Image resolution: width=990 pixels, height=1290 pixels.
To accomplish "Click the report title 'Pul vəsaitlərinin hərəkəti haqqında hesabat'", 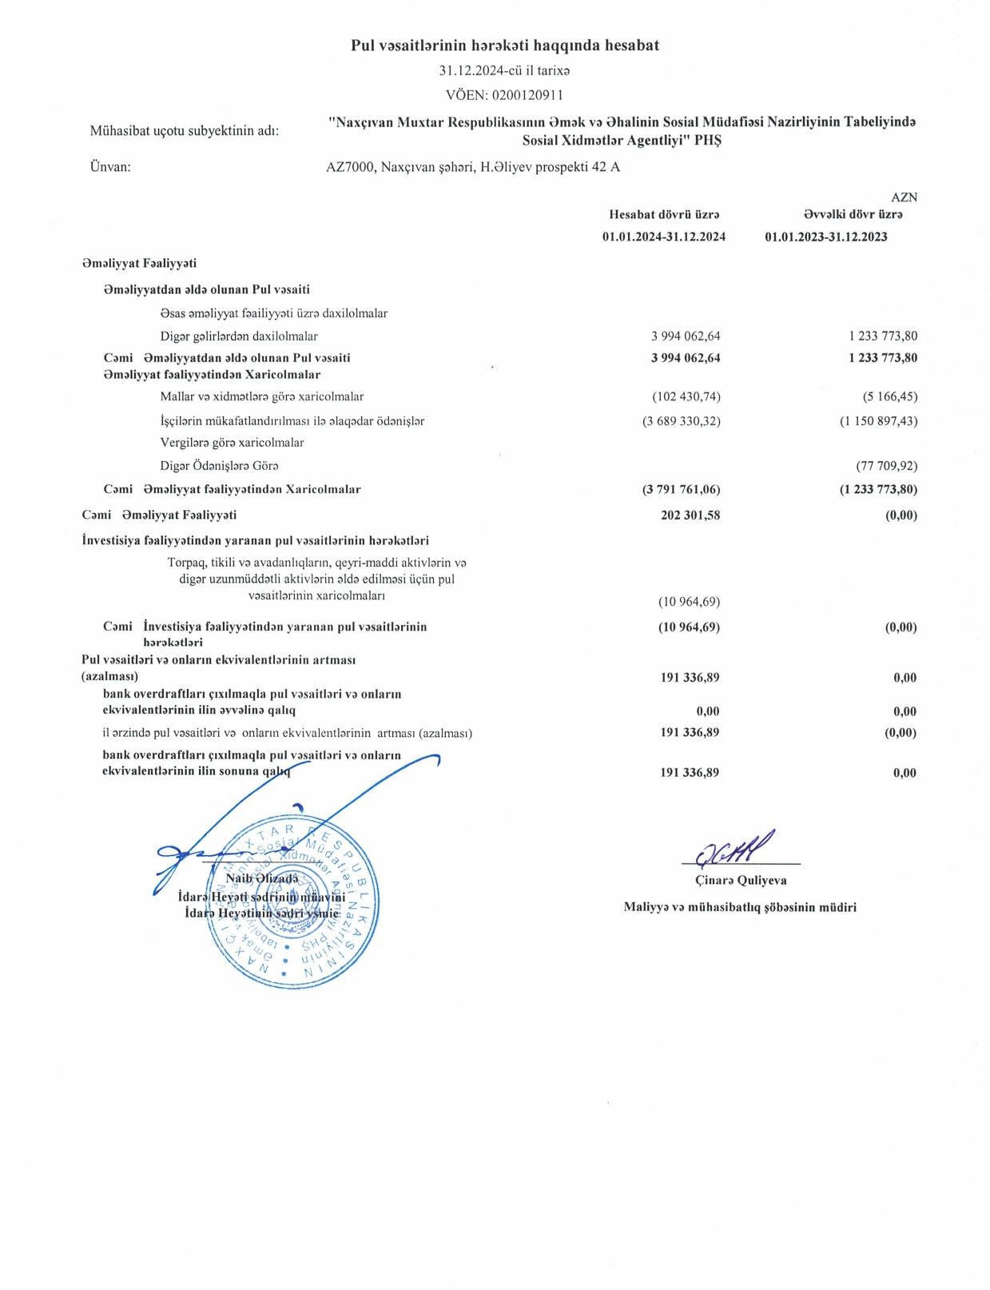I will click(x=505, y=46).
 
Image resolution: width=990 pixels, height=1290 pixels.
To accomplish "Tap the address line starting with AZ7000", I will click(x=473, y=167).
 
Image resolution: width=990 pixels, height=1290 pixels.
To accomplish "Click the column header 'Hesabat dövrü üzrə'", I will click(x=664, y=214).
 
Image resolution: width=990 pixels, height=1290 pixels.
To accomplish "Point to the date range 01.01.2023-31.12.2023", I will click(x=825, y=237).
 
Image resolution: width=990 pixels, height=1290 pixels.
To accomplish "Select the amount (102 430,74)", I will click(x=681, y=396).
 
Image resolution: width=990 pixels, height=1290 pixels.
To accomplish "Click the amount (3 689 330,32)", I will click(x=681, y=420).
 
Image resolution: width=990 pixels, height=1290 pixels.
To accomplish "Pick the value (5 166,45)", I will click(x=883, y=396).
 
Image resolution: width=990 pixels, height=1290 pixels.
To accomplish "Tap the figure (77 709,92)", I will click(x=886, y=465).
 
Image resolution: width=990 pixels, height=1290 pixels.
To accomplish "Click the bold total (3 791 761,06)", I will click(x=681, y=489).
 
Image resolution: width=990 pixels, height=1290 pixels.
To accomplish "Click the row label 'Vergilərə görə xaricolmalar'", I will click(x=232, y=442).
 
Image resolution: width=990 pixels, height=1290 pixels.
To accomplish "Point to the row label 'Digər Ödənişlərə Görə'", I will click(x=219, y=465).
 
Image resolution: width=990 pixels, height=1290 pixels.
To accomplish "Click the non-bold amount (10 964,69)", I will click(x=689, y=601).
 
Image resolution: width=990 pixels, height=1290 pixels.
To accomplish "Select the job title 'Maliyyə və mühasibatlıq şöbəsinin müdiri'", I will click(x=740, y=906).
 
